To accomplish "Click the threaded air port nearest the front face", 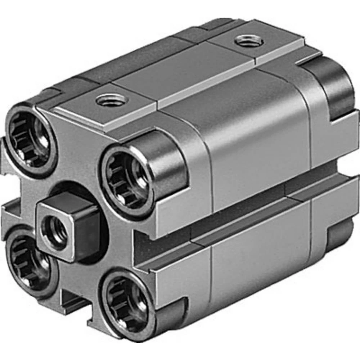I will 112,100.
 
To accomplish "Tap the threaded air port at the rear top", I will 249,41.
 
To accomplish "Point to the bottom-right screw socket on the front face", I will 126,302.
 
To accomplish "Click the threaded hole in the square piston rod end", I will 54,231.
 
